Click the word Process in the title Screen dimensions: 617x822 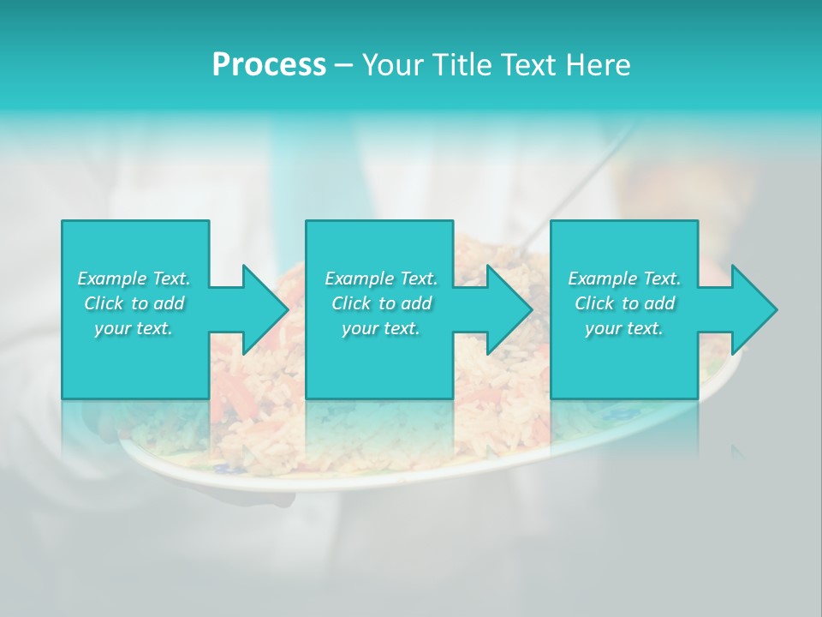269,64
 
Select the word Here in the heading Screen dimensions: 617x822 599,64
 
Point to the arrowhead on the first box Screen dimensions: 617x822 262,309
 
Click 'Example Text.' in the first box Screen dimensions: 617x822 134,279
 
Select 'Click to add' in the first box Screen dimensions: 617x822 134,303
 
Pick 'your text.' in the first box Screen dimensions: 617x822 134,328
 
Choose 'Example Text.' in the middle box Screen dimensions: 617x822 380,279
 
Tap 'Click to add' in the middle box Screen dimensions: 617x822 380,303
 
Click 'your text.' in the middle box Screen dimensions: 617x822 380,328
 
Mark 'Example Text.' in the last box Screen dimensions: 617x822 624,279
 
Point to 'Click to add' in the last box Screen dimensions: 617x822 624,303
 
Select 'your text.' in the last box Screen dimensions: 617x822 624,328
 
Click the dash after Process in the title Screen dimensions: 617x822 343,66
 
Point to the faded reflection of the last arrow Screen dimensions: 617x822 738,450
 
